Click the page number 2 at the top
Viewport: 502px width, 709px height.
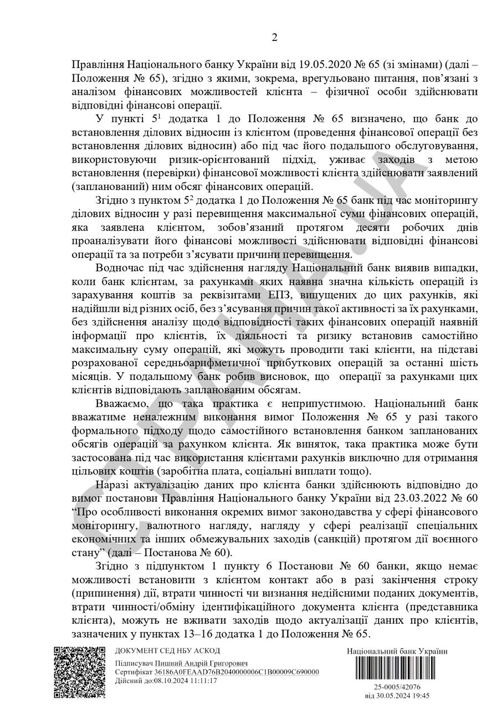pos(274,37)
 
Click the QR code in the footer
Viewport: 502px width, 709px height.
pos(79,672)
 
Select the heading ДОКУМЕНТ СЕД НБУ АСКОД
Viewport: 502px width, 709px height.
pos(167,651)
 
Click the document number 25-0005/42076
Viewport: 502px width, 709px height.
pos(397,687)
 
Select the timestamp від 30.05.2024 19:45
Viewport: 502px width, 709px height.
pos(397,696)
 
